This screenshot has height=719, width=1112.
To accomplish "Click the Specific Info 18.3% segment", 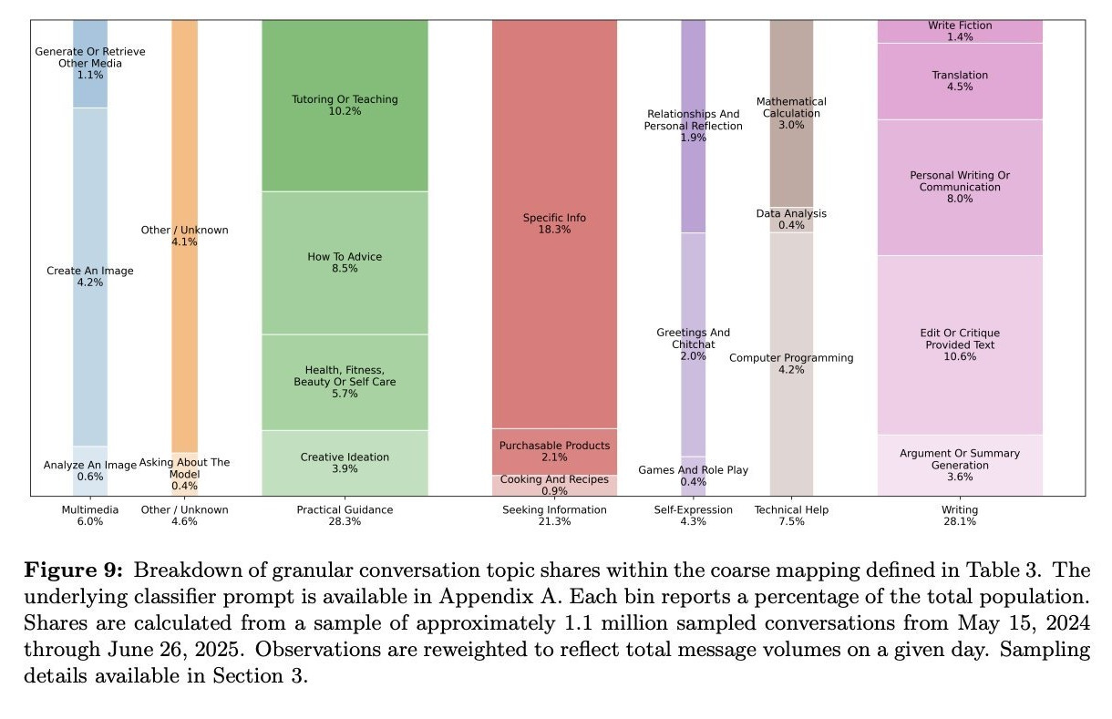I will pos(554,223).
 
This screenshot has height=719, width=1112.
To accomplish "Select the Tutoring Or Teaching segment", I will pos(345,105).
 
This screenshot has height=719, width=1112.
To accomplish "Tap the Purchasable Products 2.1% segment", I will pos(554,451).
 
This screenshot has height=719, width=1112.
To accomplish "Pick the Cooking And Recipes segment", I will pos(554,485).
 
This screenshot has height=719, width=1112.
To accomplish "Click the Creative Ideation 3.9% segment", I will pos(345,463).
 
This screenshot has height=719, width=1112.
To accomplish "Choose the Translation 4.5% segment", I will pos(960,80).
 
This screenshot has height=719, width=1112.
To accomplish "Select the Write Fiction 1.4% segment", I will pos(960,31).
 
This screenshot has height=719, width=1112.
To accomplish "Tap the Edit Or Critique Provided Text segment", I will pos(960,344).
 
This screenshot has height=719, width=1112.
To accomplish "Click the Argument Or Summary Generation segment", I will pos(960,465).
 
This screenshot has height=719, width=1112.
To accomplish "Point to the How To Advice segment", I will pos(345,262).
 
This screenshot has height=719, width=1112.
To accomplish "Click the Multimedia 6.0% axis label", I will pos(89,516).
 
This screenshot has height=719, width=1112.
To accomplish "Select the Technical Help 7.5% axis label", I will pos(791,516).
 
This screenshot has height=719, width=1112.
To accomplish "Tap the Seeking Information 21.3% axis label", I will pos(554,516).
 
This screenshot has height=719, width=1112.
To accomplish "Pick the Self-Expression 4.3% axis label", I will pos(693,516).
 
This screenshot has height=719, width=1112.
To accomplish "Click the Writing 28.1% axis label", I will pos(960,516).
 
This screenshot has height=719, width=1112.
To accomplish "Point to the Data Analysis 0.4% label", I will pos(791,219).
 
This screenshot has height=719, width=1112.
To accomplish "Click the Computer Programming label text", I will pos(791,358).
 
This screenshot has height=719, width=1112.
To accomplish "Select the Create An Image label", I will pos(89,271).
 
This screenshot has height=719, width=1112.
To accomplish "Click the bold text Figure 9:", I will pos(72,570).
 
